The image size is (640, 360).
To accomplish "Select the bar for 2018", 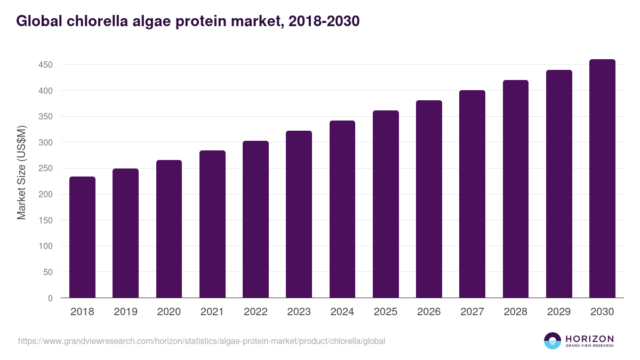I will coord(82,237).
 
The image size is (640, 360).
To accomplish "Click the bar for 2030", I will coord(602,179).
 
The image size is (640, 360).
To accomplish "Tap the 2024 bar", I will coord(342,209).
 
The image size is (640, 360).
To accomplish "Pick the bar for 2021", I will coord(212,224).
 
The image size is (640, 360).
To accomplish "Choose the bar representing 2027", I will coord(472,194).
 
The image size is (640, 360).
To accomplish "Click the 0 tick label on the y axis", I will coord(50,298).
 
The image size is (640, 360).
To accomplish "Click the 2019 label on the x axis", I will coord(125,312).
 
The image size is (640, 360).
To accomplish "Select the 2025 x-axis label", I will coord(385,312).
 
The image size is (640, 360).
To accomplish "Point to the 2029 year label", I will coord(559,312).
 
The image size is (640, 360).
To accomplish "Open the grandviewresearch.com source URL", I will coord(201,341).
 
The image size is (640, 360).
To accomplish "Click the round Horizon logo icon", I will coord(553,341).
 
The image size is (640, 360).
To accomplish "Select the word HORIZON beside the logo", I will coord(589,339).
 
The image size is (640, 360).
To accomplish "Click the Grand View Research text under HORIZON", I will coord(589,346).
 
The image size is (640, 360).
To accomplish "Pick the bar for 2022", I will coord(255,219).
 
